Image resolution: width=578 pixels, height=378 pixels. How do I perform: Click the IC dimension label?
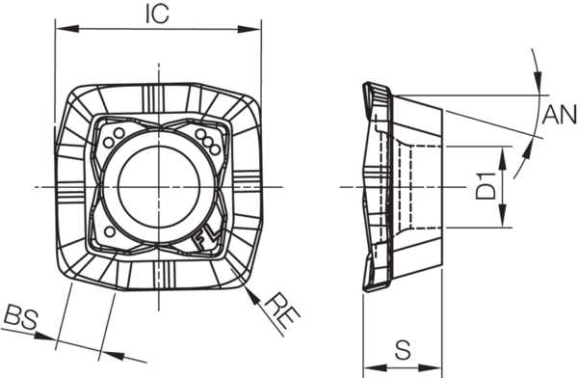(x=157, y=14)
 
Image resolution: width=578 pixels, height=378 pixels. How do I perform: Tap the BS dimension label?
(x=20, y=316)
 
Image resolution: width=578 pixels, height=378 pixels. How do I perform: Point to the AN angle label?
(x=560, y=115)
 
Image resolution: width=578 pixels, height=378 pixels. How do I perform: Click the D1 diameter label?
(x=486, y=186)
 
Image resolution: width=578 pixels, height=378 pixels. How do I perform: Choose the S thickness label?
(x=403, y=350)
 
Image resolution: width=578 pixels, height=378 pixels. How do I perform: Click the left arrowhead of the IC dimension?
(x=66, y=29)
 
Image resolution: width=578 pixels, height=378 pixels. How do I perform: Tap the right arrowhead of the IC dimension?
(x=250, y=29)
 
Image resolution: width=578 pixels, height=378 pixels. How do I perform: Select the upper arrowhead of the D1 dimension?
(x=503, y=158)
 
